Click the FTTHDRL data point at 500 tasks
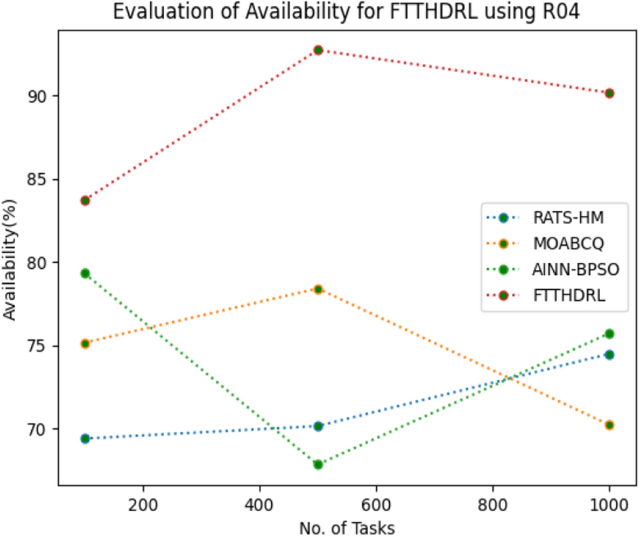point(318,50)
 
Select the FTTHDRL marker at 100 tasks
point(85,200)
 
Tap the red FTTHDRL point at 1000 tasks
point(609,93)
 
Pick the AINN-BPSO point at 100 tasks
point(85,273)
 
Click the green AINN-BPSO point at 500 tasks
point(318,464)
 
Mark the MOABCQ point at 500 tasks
point(318,289)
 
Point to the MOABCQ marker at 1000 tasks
point(609,425)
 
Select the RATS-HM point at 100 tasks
point(85,439)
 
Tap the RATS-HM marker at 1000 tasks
point(609,354)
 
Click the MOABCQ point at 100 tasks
point(85,344)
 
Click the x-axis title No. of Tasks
point(347,526)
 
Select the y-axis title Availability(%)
point(10,259)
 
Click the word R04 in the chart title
point(561,13)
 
